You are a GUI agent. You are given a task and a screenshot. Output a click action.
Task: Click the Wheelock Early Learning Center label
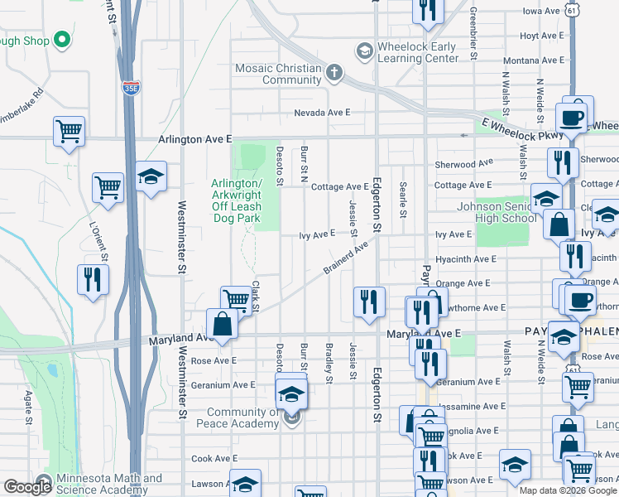click(417, 52)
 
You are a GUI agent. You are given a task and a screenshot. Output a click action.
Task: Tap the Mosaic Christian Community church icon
click(334, 74)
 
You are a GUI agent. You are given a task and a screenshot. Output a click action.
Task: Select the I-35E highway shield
click(131, 87)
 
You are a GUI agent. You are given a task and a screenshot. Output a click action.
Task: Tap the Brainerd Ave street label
click(345, 259)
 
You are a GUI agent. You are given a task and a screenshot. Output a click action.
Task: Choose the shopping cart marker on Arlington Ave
click(70, 131)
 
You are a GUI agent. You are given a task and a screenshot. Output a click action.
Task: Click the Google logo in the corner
click(27, 486)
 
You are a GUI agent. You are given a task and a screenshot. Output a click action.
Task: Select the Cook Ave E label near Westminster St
click(214, 458)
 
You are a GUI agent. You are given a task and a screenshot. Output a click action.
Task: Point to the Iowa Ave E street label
click(542, 12)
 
